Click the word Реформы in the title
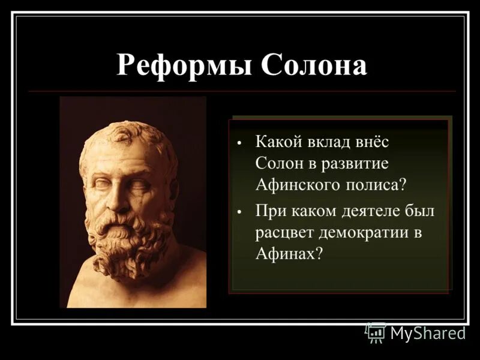pos(184,65)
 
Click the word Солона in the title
pos(313,65)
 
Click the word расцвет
pos(284,232)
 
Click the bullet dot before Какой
pos(239,144)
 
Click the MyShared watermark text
pos(428,332)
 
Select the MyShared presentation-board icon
pos(376,332)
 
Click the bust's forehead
pos(123,161)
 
